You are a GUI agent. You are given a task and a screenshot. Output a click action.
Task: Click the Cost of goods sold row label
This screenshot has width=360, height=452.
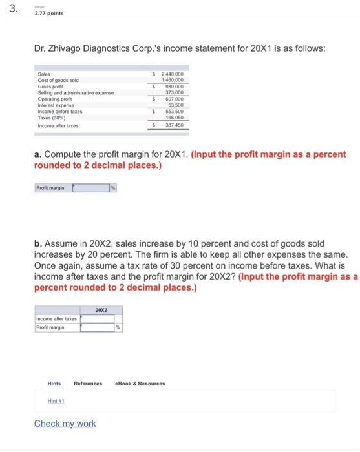coord(57,81)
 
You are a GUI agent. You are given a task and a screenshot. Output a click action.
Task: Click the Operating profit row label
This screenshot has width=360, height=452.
coord(54,99)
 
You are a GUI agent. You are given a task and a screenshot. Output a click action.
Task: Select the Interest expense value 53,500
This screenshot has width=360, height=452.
coord(175,105)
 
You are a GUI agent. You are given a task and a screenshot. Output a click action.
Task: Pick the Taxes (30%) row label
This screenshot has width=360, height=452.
coord(52,118)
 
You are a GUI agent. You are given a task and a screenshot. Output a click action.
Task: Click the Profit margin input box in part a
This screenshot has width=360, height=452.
coord(90,189)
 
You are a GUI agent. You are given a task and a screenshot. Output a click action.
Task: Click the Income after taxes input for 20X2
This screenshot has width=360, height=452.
coord(97,318)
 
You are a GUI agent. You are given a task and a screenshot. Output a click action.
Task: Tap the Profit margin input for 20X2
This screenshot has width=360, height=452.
coord(97,327)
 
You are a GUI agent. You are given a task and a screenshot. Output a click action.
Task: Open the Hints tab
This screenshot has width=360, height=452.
coord(54,384)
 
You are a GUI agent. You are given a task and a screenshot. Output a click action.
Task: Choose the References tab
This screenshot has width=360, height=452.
coord(88,384)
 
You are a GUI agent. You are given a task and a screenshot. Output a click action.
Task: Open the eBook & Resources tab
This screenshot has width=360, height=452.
coord(140,384)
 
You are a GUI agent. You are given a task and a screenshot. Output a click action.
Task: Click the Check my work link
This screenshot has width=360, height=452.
coord(65,424)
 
